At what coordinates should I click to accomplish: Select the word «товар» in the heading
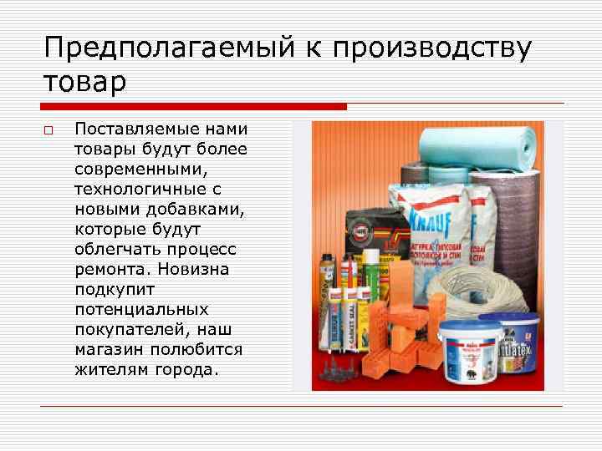[85, 82]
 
